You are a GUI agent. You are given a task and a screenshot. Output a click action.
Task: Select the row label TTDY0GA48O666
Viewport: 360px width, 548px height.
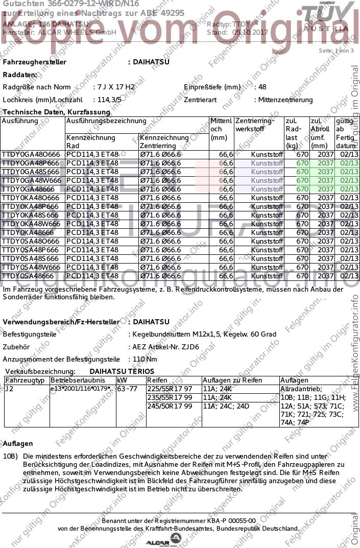coord(31,154)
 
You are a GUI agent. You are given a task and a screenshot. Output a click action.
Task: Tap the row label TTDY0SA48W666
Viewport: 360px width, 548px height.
coord(31,267)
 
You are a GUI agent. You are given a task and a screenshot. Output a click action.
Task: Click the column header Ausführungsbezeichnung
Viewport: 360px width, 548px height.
coord(106,121)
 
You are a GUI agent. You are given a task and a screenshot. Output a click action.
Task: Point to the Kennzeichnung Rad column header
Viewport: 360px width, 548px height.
coord(91,141)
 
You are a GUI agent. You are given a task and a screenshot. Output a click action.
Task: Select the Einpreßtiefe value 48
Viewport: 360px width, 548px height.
coord(262,87)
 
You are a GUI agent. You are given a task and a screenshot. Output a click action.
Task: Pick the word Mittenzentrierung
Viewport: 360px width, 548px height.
coord(285,100)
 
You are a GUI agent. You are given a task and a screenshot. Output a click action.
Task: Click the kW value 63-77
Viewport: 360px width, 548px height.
coord(128,389)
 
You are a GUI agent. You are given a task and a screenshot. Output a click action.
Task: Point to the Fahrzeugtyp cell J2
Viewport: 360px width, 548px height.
coord(9,389)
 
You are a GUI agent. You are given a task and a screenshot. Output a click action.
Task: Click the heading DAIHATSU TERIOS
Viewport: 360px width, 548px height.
coord(122,371)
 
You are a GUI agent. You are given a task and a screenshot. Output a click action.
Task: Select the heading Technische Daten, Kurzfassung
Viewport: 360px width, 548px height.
coord(56,112)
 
